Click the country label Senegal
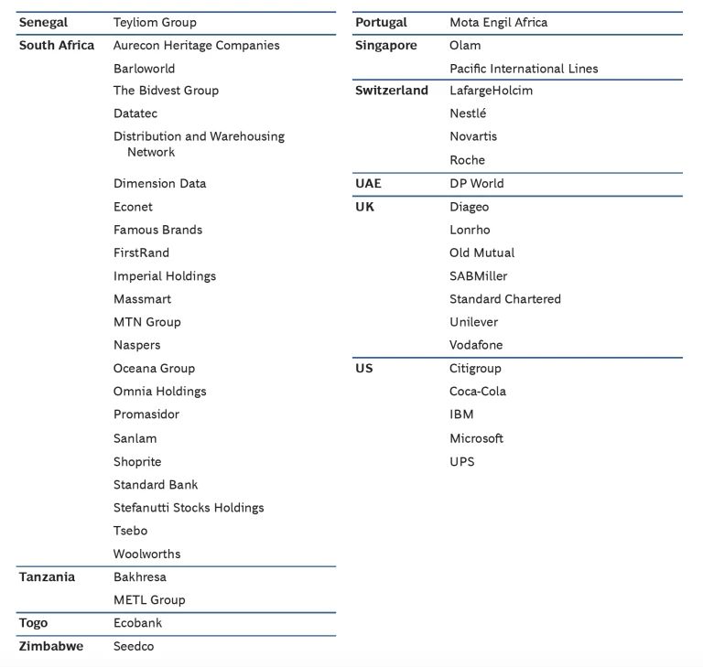[43, 22]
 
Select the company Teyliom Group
[155, 22]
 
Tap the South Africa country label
[57, 45]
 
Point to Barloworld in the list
[144, 69]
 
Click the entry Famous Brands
[157, 230]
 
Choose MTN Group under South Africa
[146, 322]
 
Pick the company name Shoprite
[137, 461]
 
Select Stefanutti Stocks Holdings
[188, 508]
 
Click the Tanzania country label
[47, 576]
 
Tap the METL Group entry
[149, 600]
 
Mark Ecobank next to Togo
[137, 623]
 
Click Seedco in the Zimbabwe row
[134, 646]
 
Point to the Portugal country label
[381, 22]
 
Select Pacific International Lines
[524, 69]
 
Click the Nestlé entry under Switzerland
[468, 113]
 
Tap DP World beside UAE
[476, 183]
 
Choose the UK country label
[364, 207]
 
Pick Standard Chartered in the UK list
[504, 299]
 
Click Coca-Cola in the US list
[477, 392]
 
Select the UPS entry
[461, 461]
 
